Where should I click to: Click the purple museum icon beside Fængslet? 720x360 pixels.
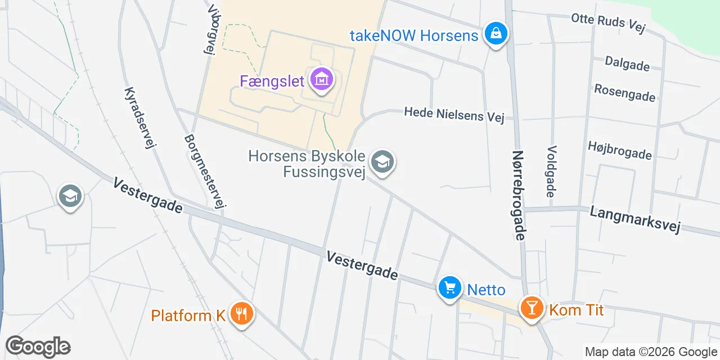pyautogui.click(x=321, y=80)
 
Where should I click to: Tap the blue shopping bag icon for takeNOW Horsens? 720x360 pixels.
pyautogui.click(x=496, y=34)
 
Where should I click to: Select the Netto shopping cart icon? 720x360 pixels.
pyautogui.click(x=449, y=289)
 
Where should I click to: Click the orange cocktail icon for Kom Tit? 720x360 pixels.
pyautogui.click(x=532, y=308)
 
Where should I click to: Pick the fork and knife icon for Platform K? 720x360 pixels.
pyautogui.click(x=242, y=314)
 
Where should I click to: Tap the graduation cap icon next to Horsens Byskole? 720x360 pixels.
pyautogui.click(x=382, y=163)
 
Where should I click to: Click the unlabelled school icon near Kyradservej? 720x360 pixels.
pyautogui.click(x=70, y=196)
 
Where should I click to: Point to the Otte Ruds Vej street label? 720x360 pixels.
pyautogui.click(x=608, y=24)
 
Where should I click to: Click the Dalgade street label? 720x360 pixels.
pyautogui.click(x=627, y=64)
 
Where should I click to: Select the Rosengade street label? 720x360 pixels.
pyautogui.click(x=624, y=92)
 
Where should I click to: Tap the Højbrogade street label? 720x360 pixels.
pyautogui.click(x=619, y=150)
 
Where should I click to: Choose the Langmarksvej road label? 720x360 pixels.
pyautogui.click(x=635, y=219)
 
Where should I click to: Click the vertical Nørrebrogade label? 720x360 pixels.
pyautogui.click(x=519, y=195)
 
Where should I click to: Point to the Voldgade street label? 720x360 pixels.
pyautogui.click(x=551, y=172)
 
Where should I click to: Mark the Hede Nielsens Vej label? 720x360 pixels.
pyautogui.click(x=454, y=115)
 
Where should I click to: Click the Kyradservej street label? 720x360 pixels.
pyautogui.click(x=139, y=118)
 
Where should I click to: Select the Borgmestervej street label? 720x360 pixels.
pyautogui.click(x=205, y=171)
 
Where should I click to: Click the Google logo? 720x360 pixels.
pyautogui.click(x=38, y=346)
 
